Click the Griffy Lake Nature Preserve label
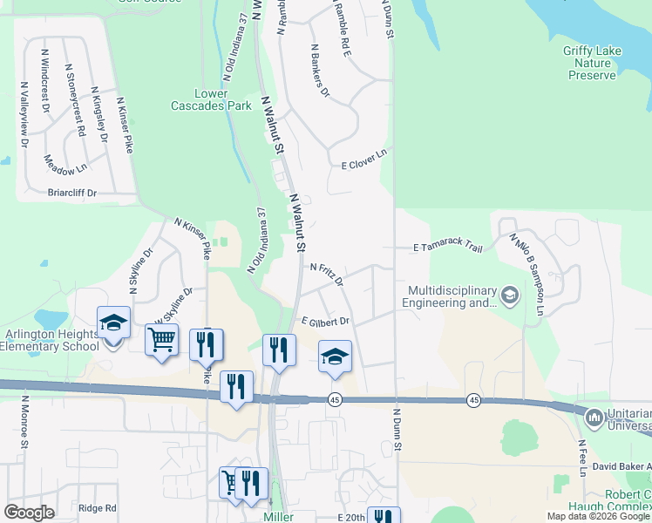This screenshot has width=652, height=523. point(592,64)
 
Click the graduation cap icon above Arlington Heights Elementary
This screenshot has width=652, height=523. point(114,323)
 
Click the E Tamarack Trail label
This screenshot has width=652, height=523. point(448,248)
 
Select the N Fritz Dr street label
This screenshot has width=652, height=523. point(327,275)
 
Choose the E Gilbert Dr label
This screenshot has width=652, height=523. point(325,322)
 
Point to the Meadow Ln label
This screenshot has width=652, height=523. point(66,163)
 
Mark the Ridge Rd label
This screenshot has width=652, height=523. point(97,508)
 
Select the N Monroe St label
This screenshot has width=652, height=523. point(24,426)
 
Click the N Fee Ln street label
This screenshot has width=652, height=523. point(581,458)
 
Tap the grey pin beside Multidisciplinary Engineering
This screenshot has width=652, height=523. point(509,297)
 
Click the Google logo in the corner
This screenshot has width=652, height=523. point(29,513)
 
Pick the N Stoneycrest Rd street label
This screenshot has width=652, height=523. point(75,98)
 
